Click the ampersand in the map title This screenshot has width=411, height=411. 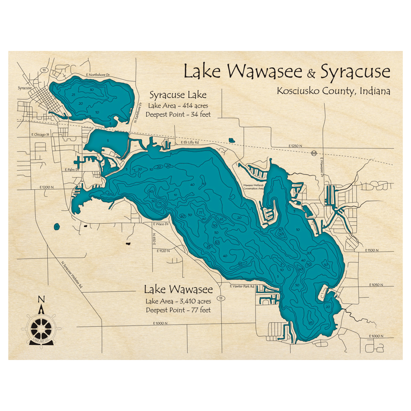tap(312, 74)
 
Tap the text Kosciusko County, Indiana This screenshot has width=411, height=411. tap(333, 91)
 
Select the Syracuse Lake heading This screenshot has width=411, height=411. tap(178, 95)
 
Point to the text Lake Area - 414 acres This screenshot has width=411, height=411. tap(178, 106)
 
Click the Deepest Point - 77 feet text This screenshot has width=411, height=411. tap(178, 309)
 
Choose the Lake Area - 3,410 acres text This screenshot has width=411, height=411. tap(178, 301)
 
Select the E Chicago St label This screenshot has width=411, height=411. tap(40, 134)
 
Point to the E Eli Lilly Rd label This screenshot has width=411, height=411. tap(190, 143)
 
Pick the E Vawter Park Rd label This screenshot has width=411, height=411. tap(242, 286)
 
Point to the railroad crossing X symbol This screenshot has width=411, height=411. tap(314, 153)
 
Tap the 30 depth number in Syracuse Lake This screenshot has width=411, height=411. tap(92, 90)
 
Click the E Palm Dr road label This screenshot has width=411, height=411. tap(71, 169)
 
